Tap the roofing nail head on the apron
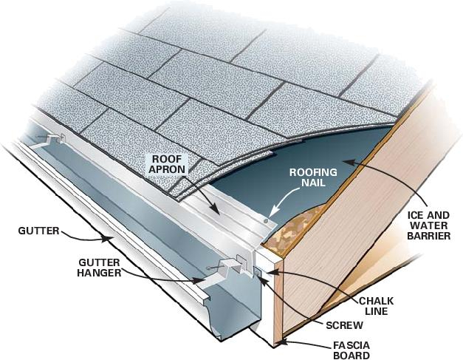point(266,220)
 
